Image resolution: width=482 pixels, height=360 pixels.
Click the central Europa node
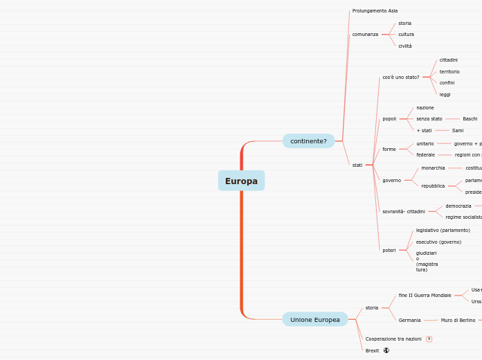coord(241,181)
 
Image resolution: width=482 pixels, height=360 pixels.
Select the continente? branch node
coord(308,141)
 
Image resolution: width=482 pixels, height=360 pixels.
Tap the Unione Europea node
coord(315,319)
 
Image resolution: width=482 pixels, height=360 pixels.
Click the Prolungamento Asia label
coord(375,11)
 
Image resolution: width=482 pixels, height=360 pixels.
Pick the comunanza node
coord(365,34)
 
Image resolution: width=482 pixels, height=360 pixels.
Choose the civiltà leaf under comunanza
coord(405,46)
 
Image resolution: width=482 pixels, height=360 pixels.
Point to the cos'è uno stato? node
coord(401,77)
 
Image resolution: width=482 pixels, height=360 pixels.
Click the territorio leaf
coord(449,71)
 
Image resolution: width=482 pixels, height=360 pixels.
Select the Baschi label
coord(470,119)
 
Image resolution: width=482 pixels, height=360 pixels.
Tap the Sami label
coord(458,130)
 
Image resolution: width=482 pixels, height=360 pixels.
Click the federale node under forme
coord(426,154)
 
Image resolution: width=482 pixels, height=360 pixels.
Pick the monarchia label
coord(434,168)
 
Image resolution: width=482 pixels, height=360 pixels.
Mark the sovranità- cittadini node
coord(404,211)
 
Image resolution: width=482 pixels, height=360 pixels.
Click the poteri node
coord(389,250)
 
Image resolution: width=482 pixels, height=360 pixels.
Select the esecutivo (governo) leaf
coord(438,242)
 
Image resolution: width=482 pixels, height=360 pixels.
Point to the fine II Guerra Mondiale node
coord(425,296)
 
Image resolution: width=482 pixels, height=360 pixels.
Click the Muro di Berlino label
coord(458,320)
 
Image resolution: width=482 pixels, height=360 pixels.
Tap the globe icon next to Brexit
coord(386,350)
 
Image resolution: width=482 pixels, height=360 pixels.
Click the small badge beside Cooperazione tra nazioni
coord(429,339)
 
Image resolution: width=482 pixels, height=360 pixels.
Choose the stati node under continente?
coord(357,165)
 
